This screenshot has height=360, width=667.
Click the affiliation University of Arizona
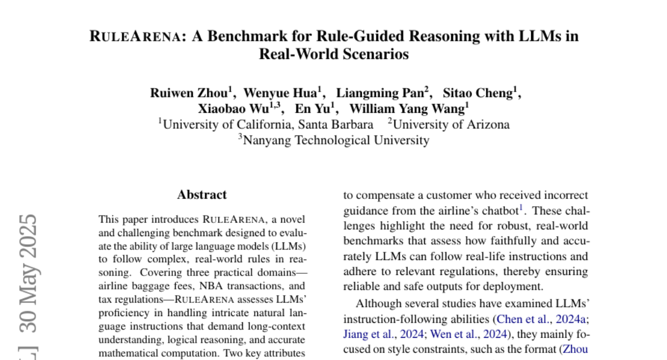click(x=451, y=124)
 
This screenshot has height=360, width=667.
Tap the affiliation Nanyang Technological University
click(x=336, y=140)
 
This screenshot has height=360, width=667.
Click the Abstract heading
click(x=202, y=195)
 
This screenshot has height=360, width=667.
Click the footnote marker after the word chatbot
click(x=521, y=208)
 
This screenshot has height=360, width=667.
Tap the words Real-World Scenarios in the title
click(x=333, y=54)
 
